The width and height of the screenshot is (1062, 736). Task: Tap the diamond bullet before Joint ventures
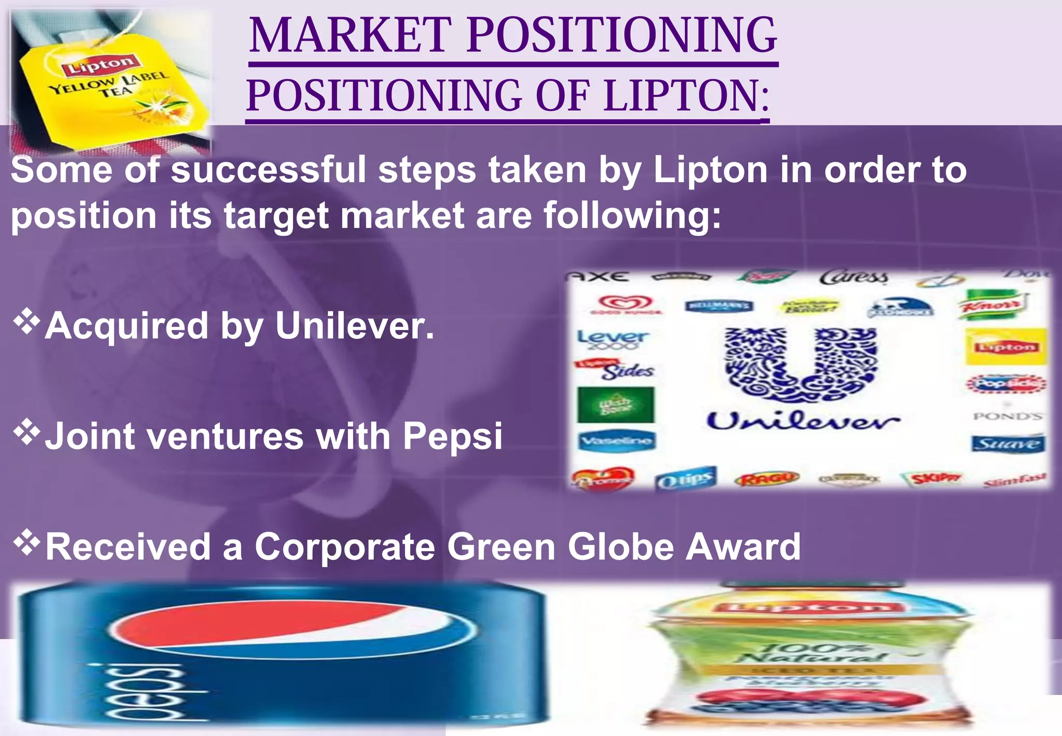26,431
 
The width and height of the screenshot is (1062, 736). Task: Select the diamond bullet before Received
26,542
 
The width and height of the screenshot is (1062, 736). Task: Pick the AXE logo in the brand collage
599,276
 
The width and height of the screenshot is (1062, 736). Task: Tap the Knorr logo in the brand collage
991,306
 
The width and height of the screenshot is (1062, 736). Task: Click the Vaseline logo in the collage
617,441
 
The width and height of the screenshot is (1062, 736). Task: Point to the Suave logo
1008,444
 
